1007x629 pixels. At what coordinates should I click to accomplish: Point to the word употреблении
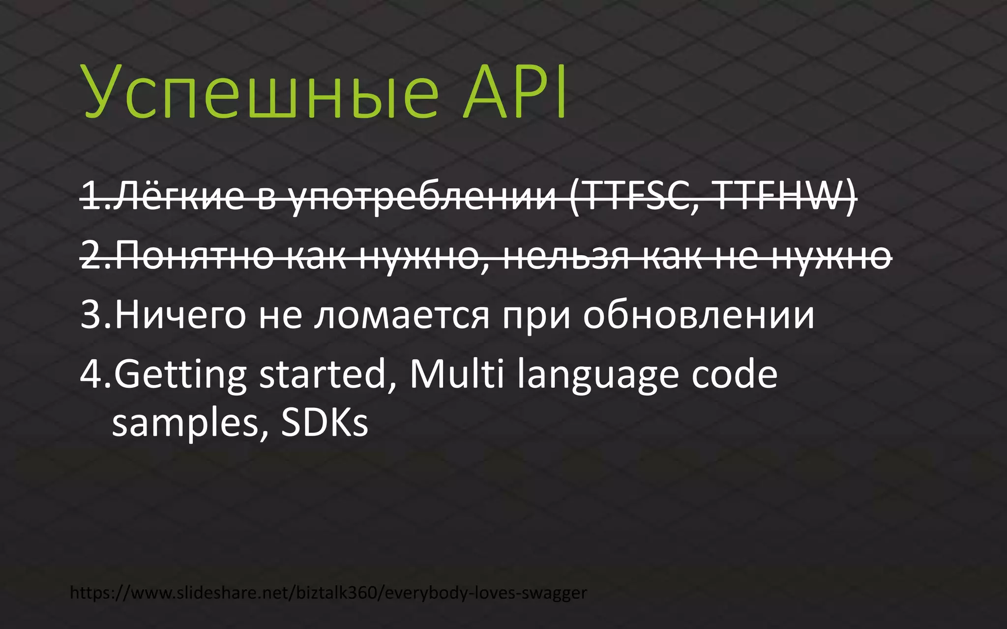point(423,197)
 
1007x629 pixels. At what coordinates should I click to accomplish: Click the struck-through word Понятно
point(194,256)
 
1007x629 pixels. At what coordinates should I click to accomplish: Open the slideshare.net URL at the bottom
point(328,593)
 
